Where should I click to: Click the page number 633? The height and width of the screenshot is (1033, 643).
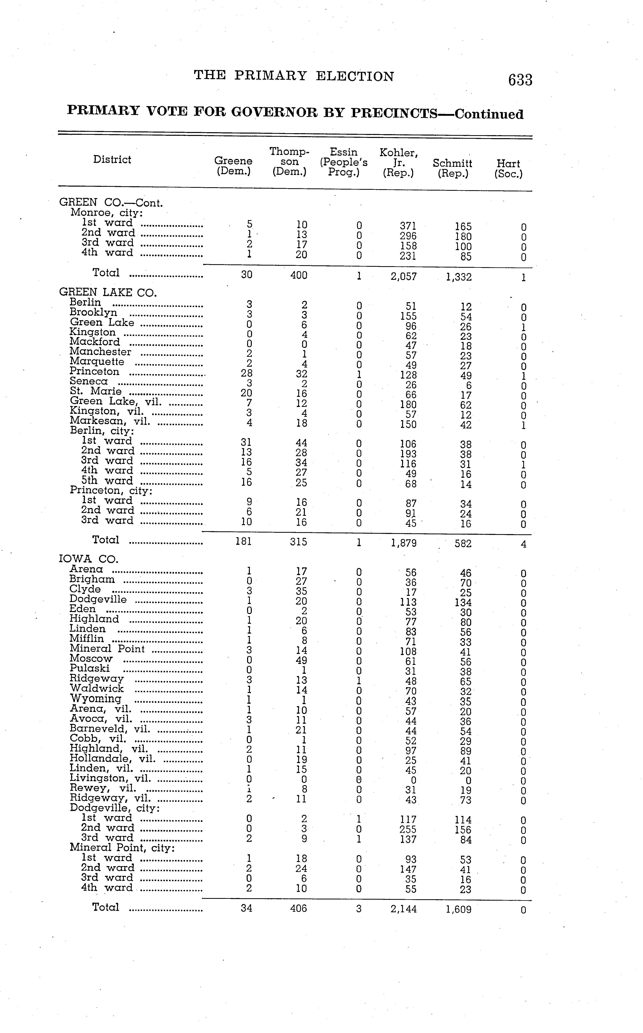coord(520,80)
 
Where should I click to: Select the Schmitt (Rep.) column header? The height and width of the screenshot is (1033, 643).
coord(453,168)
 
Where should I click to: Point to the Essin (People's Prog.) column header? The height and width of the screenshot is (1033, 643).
coord(344,162)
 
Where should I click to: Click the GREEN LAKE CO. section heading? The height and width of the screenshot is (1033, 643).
coord(108,292)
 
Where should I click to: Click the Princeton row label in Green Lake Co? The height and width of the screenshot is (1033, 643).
coord(94,371)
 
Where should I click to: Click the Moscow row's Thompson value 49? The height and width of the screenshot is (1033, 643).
coord(301,660)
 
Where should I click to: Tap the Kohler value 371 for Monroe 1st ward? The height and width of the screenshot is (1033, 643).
coord(408,226)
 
